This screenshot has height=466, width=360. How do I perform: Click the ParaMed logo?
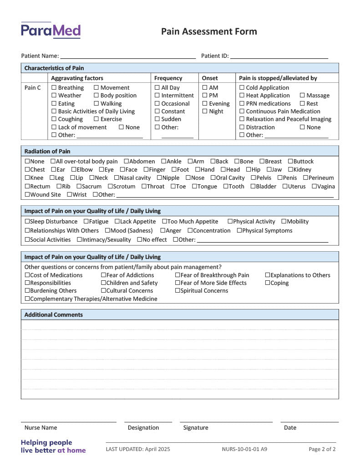click(x=51, y=30)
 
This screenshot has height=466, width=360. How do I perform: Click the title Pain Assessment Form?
click(x=209, y=31)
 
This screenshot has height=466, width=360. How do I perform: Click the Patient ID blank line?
click(x=279, y=56)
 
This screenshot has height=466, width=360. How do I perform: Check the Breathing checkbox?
click(x=54, y=88)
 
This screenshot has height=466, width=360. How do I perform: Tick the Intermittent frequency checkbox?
click(x=157, y=96)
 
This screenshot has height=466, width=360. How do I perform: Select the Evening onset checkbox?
click(x=205, y=104)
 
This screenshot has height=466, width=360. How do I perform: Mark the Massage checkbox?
click(x=302, y=96)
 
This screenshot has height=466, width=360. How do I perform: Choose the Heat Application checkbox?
click(x=242, y=96)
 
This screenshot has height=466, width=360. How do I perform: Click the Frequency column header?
click(x=168, y=78)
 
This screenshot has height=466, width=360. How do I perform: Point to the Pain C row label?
click(x=33, y=88)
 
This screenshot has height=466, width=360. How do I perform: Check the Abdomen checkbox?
click(x=127, y=162)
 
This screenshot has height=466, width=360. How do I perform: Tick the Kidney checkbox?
click(x=290, y=170)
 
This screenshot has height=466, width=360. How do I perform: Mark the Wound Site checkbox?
click(x=27, y=195)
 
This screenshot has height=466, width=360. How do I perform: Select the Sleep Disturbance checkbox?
click(x=27, y=222)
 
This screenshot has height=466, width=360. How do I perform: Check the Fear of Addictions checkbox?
click(x=103, y=275)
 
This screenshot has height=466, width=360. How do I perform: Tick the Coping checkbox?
click(x=268, y=283)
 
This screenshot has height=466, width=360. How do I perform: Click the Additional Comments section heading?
click(x=54, y=315)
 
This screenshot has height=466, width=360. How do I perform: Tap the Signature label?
click(x=196, y=428)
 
